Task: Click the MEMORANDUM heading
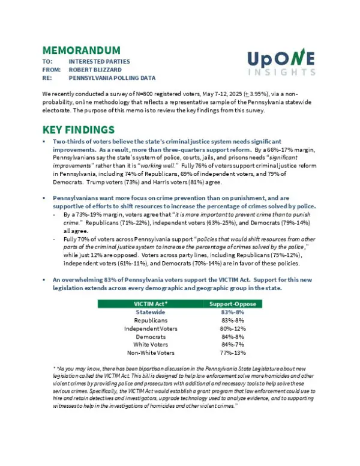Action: [81, 50]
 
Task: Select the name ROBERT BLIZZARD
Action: [95, 70]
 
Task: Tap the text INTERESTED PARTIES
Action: [99, 61]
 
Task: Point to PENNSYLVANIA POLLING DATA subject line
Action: [112, 78]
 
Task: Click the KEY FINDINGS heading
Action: [79, 130]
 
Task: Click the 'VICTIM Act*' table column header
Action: [150, 304]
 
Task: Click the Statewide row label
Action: [150, 312]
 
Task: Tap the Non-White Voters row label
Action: [150, 353]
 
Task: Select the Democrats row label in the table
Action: [150, 337]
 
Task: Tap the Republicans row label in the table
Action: [150, 321]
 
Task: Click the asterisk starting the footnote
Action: [55, 367]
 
